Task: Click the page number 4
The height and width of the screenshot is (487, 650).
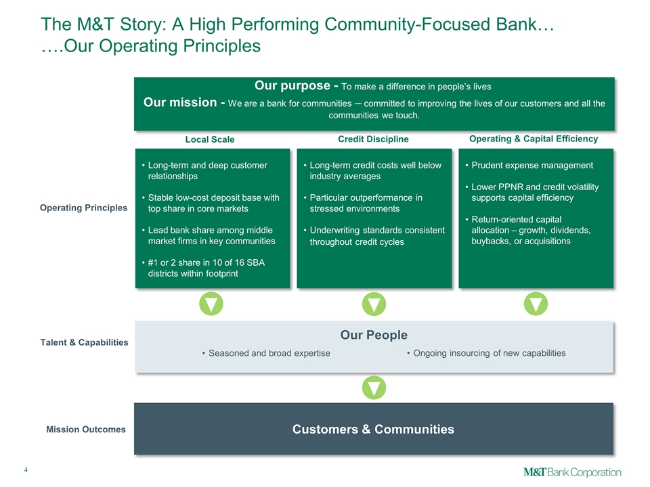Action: [26, 470]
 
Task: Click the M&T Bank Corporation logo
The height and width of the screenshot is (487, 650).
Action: [572, 471]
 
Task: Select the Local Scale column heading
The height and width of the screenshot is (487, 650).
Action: [210, 139]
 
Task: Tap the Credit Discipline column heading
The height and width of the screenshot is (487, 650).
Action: [373, 139]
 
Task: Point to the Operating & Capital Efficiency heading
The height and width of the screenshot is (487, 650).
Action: [534, 138]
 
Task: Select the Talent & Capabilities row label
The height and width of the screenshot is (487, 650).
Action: [85, 342]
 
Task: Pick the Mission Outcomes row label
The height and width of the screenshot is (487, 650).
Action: [86, 429]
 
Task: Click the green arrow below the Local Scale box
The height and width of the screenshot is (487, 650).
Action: [211, 304]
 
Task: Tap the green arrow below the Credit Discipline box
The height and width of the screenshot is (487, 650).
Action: [374, 304]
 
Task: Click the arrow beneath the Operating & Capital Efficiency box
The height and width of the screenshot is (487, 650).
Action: [536, 304]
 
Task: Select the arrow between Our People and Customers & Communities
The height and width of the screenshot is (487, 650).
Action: [374, 388]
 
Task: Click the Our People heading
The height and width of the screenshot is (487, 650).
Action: [374, 335]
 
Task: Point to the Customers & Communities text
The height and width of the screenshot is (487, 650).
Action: [374, 429]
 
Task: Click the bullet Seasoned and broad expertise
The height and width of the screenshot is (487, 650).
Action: [269, 353]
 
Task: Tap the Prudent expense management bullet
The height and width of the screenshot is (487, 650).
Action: [532, 165]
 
